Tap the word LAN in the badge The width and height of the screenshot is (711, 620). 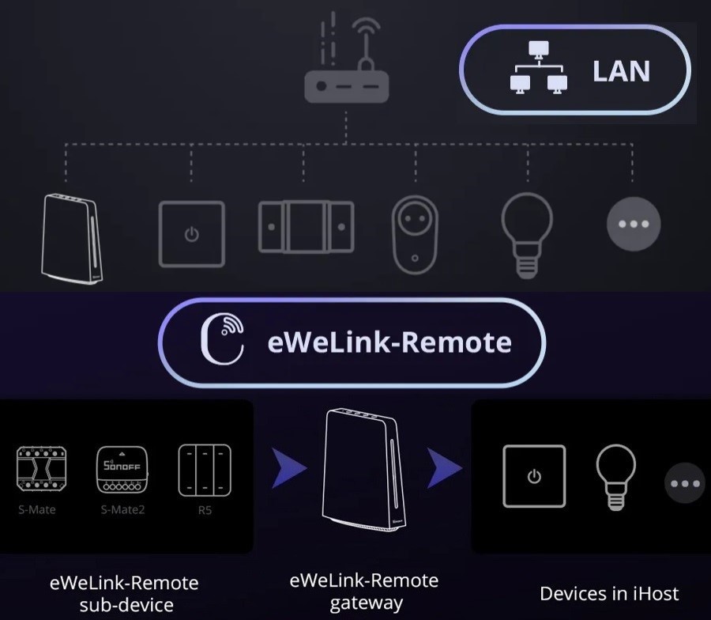(621, 71)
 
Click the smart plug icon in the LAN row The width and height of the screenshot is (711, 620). (416, 233)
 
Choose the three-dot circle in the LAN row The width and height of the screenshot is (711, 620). (633, 223)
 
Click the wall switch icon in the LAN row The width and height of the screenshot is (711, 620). (192, 233)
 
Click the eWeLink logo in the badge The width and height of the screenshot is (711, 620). (222, 341)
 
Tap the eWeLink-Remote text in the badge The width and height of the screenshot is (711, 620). (389, 342)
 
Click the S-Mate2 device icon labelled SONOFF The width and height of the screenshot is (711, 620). (122, 469)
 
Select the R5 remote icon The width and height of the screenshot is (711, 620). (205, 469)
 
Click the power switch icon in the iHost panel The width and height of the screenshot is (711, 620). (535, 476)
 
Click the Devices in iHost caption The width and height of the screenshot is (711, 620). (609, 593)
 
